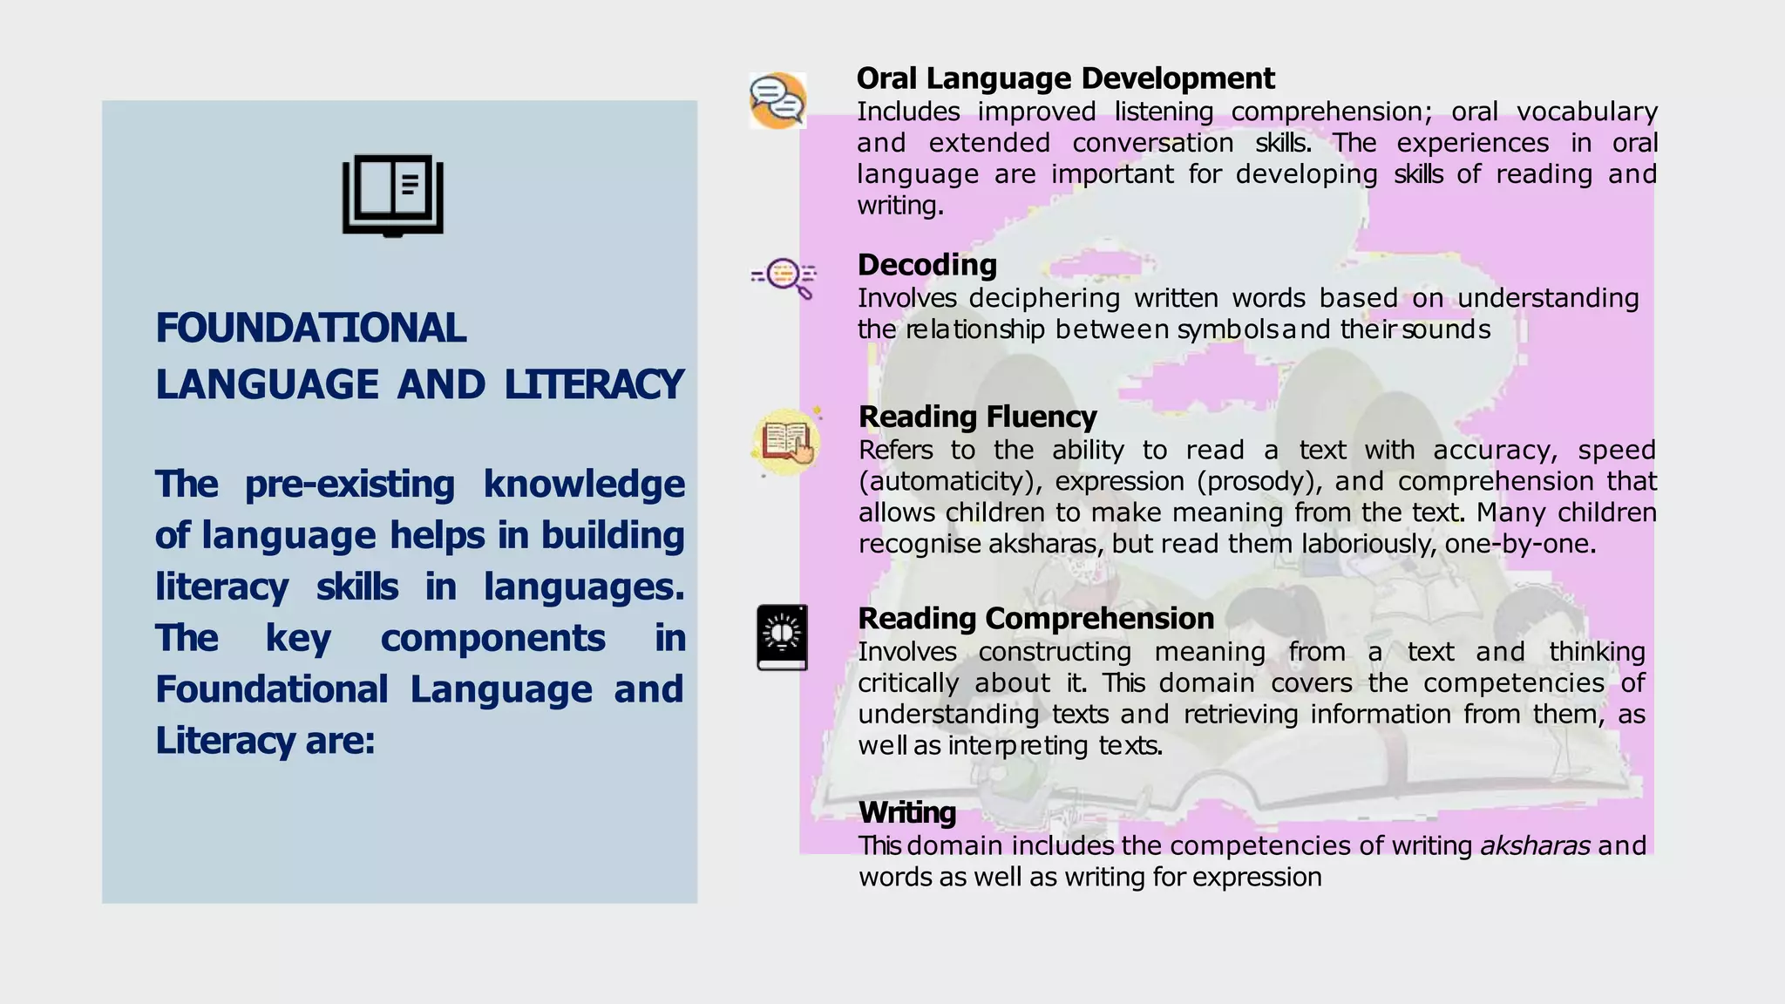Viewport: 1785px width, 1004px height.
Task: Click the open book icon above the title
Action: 393,195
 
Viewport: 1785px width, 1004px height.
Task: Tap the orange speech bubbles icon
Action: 777,101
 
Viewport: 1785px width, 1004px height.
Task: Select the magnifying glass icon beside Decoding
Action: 784,277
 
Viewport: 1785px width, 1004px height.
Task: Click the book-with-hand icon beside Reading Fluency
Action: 787,442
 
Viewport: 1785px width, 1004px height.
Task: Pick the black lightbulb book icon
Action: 782,637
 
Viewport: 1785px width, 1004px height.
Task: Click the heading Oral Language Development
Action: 1065,78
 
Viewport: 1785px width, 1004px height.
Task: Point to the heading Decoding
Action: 926,265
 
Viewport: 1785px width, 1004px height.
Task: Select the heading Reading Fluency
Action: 977,417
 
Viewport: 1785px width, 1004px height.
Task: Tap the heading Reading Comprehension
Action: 1035,618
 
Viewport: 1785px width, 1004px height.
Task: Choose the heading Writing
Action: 906,812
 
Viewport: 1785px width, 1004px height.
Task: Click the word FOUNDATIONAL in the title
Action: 310,329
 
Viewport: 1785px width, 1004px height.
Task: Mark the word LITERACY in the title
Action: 594,385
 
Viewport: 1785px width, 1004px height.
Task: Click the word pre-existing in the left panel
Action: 350,485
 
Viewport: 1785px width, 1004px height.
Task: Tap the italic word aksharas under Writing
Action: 1535,845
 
